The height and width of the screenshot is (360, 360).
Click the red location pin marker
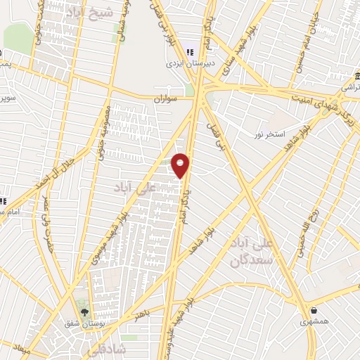pyautogui.click(x=181, y=165)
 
